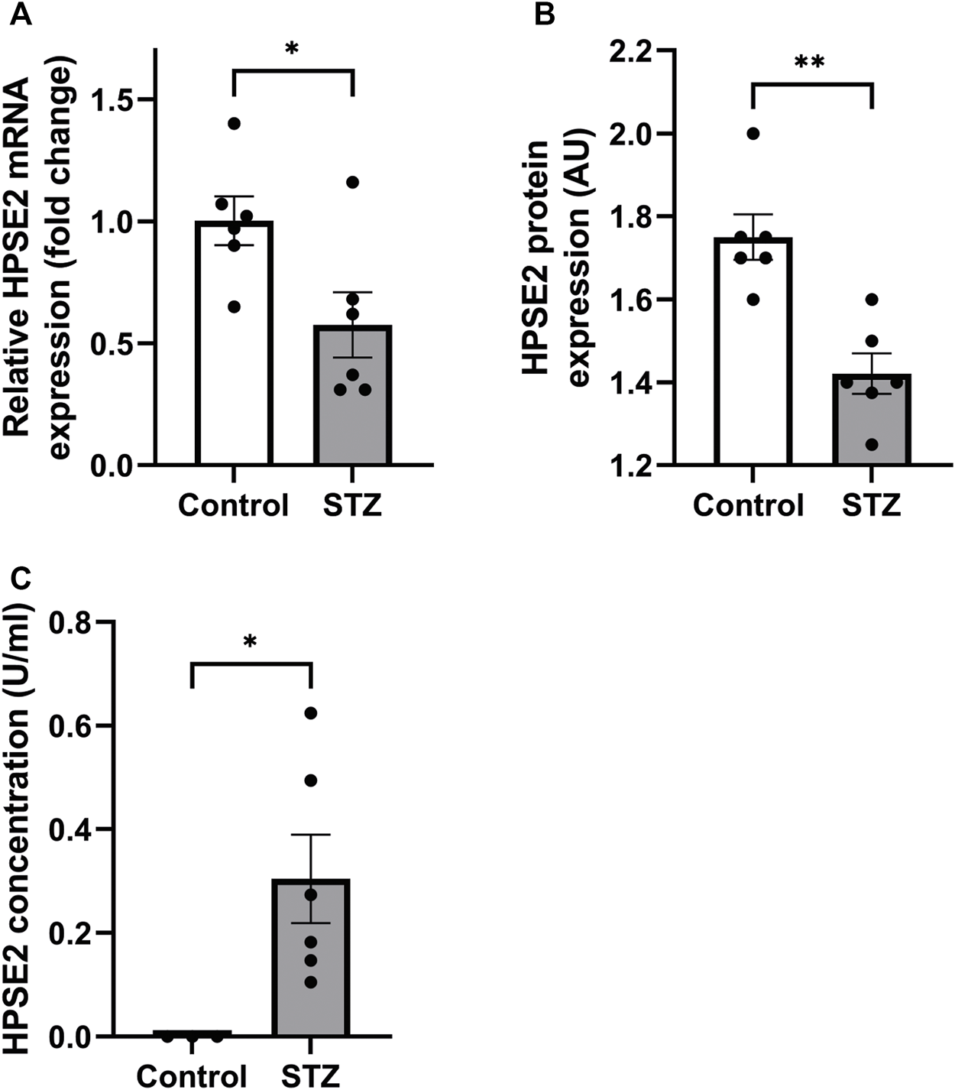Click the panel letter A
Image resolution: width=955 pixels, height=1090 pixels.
tap(22, 15)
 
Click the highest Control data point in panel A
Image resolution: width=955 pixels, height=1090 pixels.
tap(234, 124)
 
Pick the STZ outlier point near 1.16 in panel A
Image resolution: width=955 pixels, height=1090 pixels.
tap(352, 182)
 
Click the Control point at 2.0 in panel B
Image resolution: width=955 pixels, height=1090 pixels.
tap(753, 134)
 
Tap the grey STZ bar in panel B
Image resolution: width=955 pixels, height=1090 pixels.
tap(872, 428)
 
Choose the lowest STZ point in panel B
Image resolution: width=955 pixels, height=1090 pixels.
tap(872, 444)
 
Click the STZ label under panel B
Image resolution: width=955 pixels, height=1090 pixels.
tap(872, 505)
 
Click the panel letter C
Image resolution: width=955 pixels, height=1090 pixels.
tap(22, 579)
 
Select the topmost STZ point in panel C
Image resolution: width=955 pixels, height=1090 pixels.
tap(310, 713)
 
